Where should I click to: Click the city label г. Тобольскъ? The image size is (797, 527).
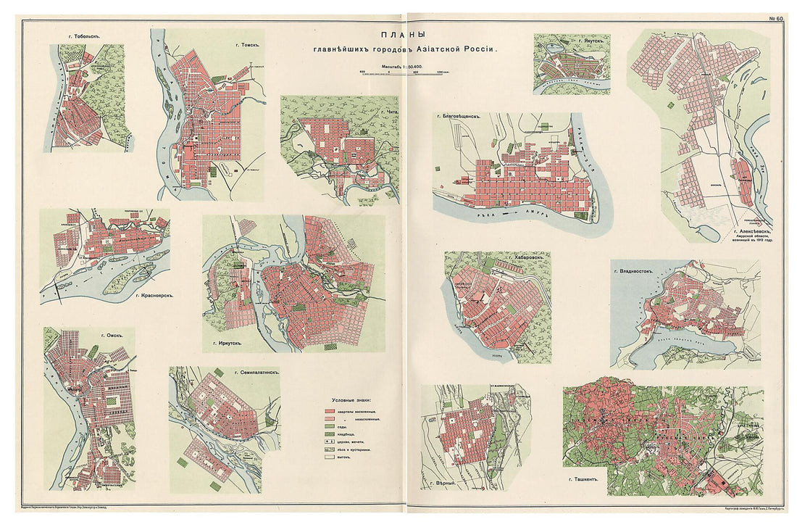[79, 35]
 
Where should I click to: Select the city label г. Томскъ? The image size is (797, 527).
[247, 43]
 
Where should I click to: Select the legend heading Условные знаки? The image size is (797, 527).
[354, 401]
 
